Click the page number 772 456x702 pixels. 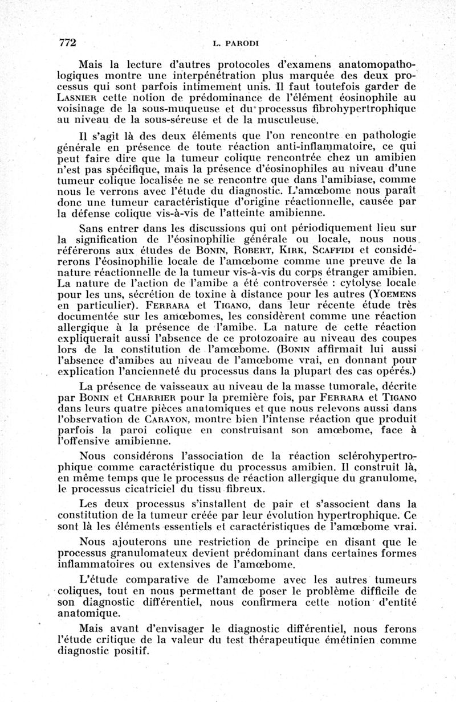(x=68, y=43)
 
